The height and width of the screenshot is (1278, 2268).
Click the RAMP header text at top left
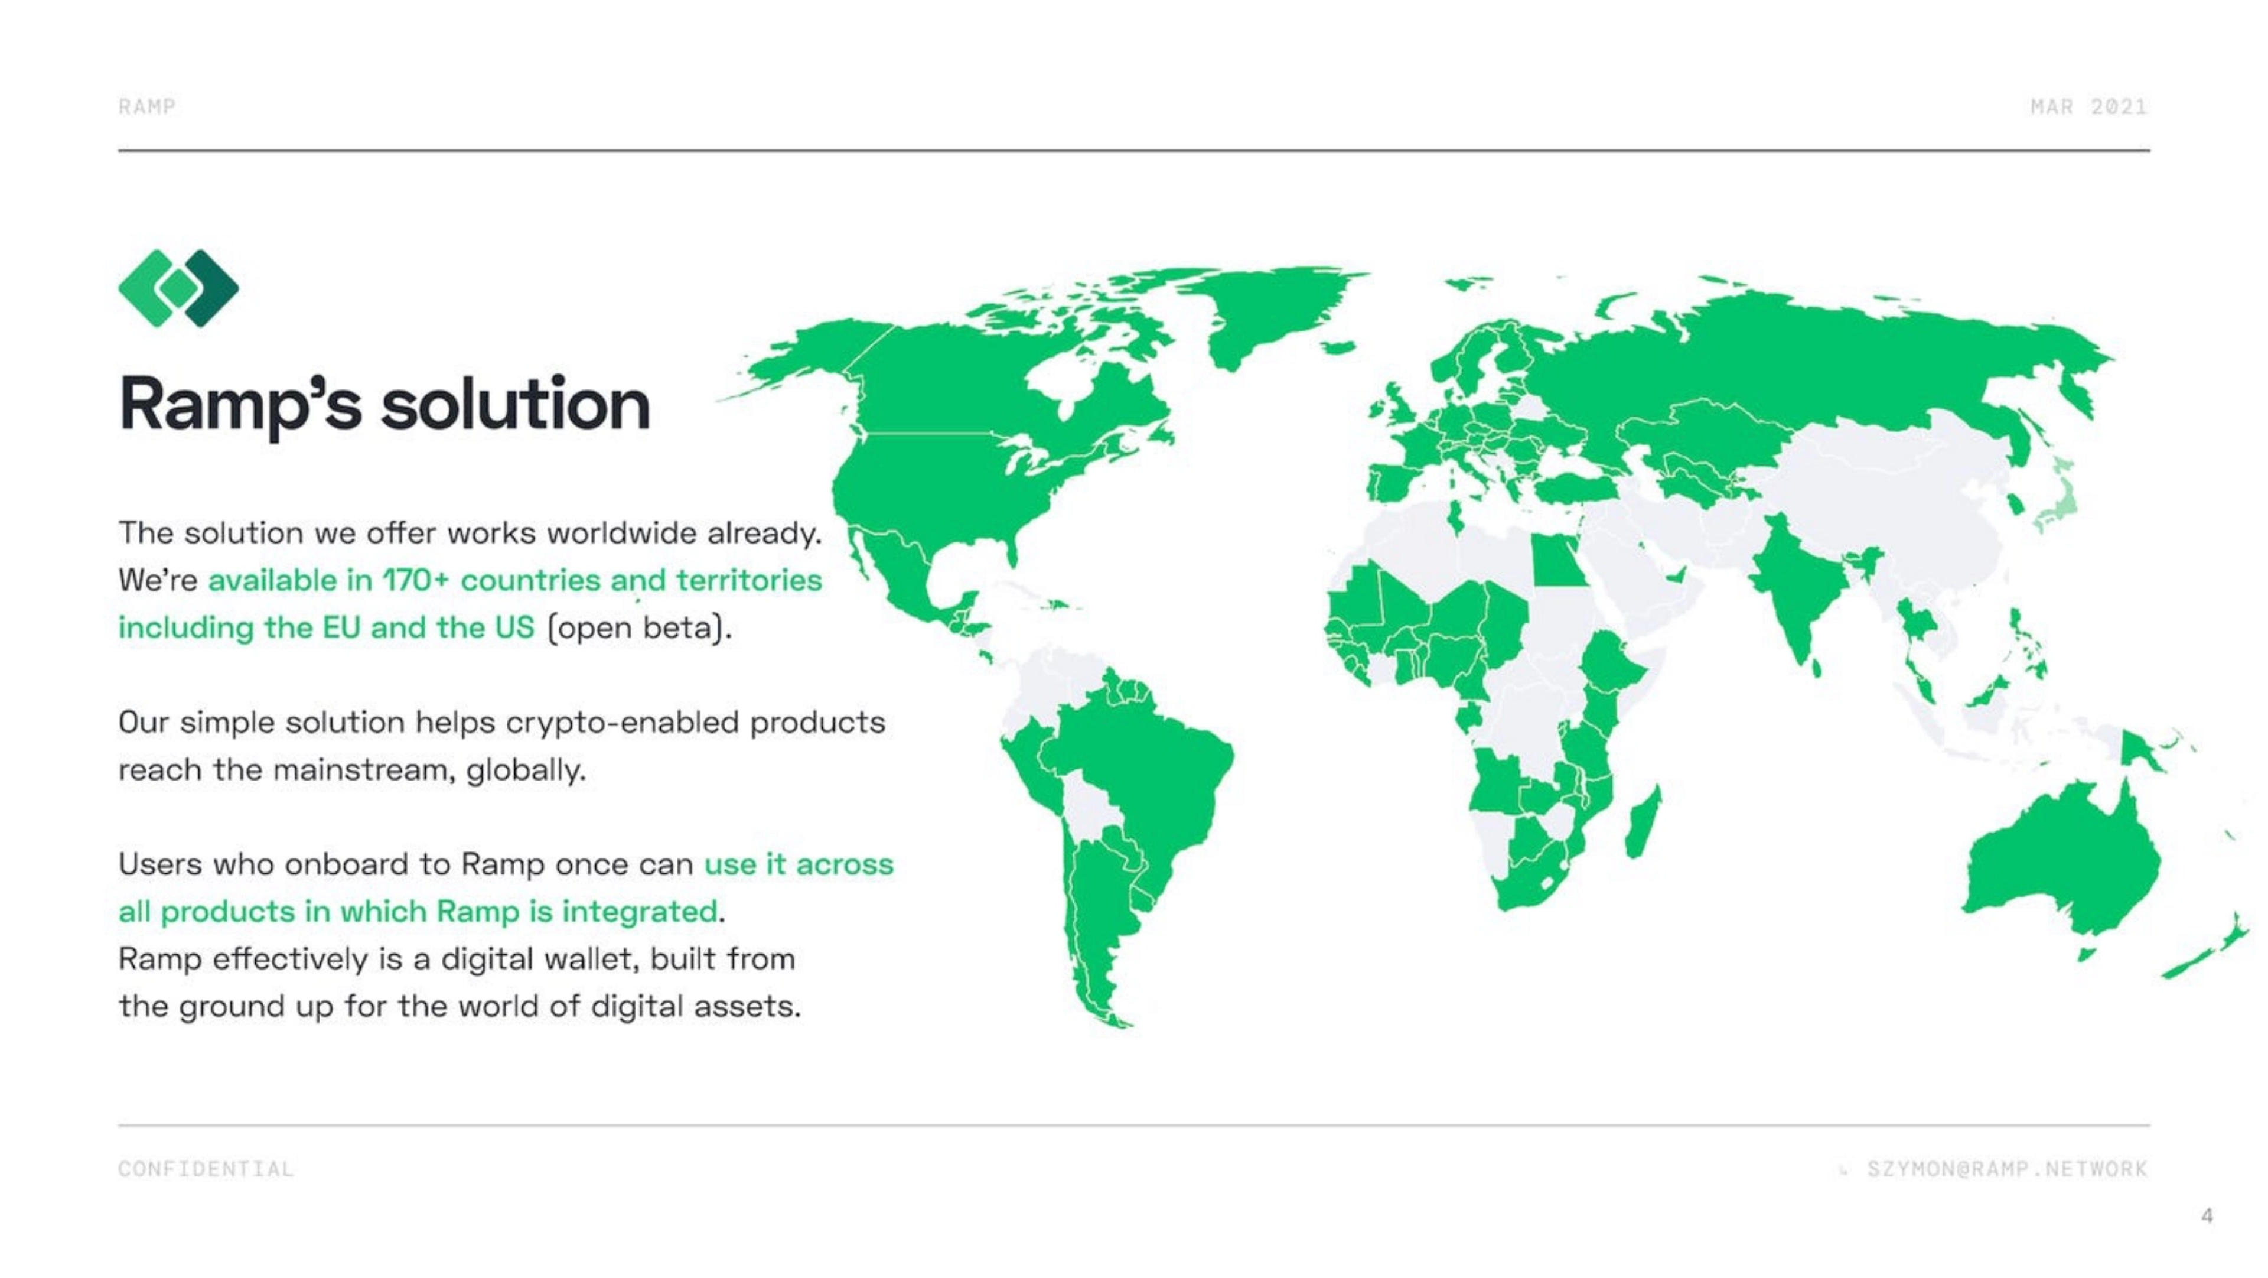tap(147, 106)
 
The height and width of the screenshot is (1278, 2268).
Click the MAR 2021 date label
tap(2088, 106)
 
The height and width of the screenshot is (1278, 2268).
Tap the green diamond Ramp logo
tap(179, 287)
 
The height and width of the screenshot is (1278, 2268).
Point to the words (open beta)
tap(639, 628)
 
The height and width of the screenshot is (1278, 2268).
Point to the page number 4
tap(2207, 1217)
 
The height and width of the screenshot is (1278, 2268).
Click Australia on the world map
tap(2060, 863)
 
